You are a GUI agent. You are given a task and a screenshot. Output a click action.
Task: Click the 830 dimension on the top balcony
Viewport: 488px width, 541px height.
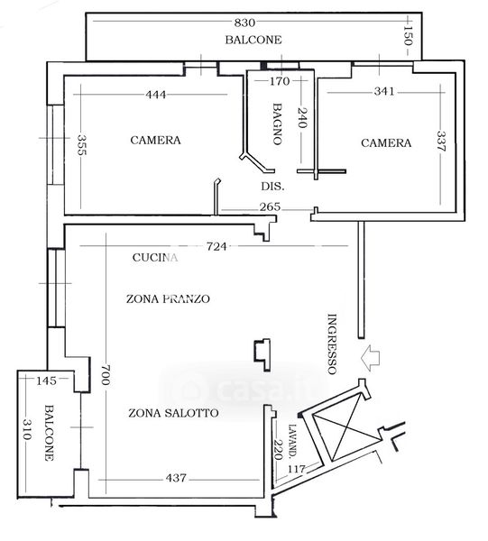(244, 23)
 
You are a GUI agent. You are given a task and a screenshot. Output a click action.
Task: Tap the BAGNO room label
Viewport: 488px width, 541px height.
(277, 124)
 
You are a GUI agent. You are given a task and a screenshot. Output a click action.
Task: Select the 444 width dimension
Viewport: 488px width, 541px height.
(156, 95)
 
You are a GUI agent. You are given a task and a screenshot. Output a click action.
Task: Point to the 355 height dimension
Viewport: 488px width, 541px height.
(81, 145)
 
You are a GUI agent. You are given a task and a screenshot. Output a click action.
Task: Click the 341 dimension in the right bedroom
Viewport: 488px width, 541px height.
(384, 91)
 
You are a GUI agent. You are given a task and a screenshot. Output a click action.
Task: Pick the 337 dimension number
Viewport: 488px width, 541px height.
(442, 142)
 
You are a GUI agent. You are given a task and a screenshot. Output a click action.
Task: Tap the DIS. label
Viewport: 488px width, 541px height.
(272, 187)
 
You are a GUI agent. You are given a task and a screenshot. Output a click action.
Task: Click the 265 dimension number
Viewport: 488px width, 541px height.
(270, 206)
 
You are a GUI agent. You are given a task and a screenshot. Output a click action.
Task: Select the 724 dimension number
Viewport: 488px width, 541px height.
(216, 246)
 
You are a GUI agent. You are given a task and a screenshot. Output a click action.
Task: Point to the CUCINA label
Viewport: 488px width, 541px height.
(155, 257)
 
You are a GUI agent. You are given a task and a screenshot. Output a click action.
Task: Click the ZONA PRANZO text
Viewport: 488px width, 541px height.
(168, 298)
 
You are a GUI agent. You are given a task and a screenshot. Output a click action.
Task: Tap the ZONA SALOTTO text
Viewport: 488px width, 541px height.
(173, 413)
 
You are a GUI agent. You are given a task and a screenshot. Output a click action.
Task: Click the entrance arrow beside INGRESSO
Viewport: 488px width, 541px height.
(370, 357)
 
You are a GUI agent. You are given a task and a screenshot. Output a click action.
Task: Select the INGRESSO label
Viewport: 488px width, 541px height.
(332, 344)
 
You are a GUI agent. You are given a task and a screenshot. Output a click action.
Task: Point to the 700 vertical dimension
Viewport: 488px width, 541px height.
(106, 375)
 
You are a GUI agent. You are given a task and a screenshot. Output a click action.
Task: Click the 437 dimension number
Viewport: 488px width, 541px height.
(176, 478)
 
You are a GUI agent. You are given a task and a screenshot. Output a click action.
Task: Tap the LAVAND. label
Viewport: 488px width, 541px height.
(292, 441)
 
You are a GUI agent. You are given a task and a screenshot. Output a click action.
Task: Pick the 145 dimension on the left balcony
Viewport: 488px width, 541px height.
(46, 381)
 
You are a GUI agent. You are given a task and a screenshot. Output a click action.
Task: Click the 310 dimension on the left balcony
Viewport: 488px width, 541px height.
(27, 429)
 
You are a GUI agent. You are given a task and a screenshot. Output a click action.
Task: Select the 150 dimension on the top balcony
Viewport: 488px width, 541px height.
(409, 35)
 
